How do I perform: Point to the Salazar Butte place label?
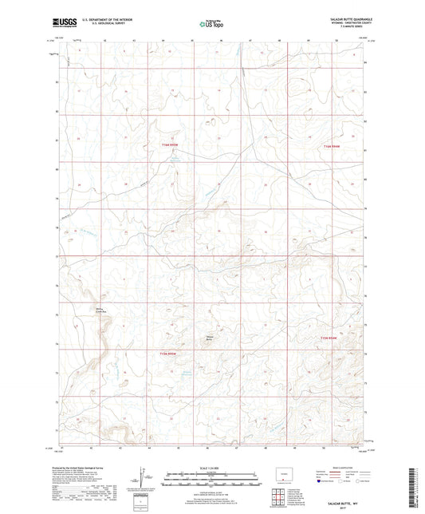pyautogui.click(x=211, y=337)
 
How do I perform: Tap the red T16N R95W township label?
pyautogui.click(x=170, y=144)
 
